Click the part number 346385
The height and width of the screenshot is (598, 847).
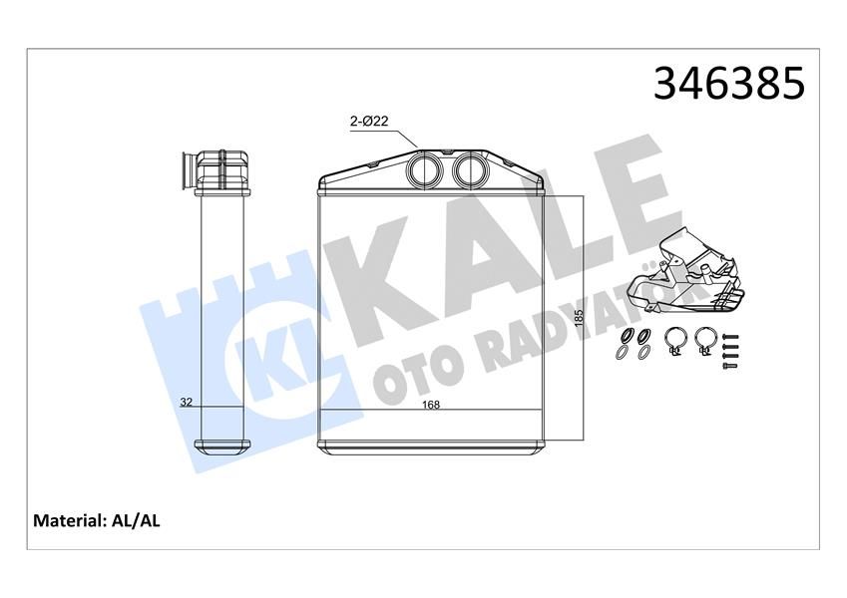pos(727,84)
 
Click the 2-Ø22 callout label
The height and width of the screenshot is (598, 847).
pos(368,122)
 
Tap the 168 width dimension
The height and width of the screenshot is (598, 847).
pos(431,405)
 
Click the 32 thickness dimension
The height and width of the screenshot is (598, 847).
pos(186,404)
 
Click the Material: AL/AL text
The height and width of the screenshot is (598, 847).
pos(98,520)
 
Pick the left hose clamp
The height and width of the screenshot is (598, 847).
pos(673,341)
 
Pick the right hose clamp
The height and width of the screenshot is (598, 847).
pos(704,341)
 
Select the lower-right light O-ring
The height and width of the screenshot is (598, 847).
pos(643,353)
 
